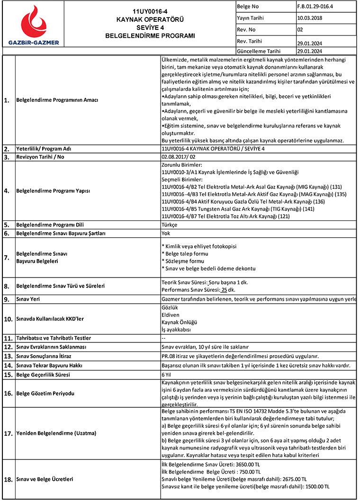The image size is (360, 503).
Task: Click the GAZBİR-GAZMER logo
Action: click(x=33, y=26)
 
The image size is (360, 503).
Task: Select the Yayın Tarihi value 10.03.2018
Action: click(x=310, y=18)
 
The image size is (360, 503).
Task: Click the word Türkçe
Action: click(x=170, y=225)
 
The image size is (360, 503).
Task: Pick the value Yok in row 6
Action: click(x=166, y=233)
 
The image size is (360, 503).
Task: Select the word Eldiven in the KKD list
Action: click(x=170, y=314)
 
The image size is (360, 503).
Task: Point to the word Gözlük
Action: click(x=170, y=307)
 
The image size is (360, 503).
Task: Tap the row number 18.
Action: click(x=8, y=479)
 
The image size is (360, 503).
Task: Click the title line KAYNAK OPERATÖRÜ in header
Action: click(x=150, y=19)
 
